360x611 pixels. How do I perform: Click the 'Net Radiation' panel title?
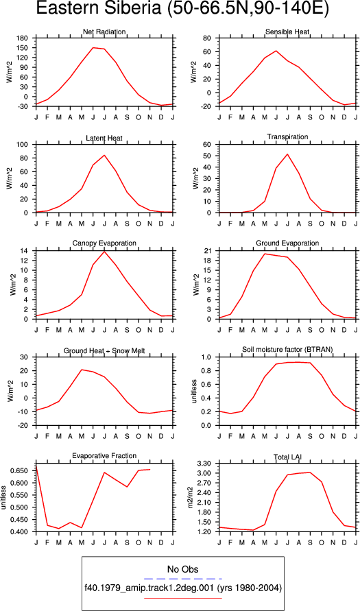[104, 32]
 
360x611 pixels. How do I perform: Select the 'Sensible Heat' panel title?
[287, 32]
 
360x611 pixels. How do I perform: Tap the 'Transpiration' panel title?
[287, 136]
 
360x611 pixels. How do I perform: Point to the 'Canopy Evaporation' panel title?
[104, 243]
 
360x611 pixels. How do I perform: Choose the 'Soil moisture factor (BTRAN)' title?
[287, 350]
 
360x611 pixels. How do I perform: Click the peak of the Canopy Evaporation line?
[104, 252]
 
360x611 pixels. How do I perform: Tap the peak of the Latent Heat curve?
[104, 155]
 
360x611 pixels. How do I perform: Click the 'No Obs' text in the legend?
[182, 569]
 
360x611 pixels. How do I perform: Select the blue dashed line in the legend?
[182, 579]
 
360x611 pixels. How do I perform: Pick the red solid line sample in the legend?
[182, 598]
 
